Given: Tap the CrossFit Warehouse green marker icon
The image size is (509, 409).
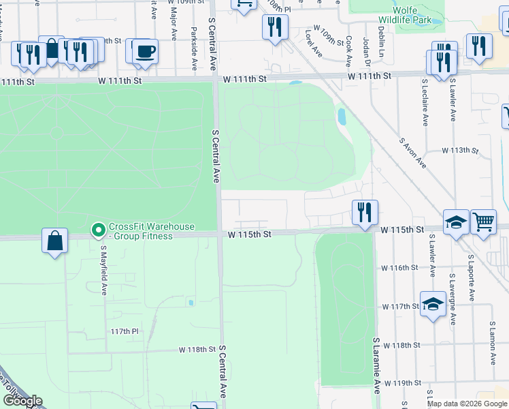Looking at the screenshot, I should click(x=97, y=228).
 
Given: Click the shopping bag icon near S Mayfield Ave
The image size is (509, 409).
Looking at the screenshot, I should click(x=54, y=241).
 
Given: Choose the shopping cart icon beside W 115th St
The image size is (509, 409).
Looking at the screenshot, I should click(x=482, y=221).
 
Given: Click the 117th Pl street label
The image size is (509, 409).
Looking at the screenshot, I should click(x=125, y=331).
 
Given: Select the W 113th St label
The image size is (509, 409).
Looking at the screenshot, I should click(x=460, y=150).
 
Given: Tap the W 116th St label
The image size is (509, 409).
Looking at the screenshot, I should click(x=399, y=268).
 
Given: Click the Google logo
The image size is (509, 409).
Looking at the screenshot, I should click(x=22, y=401).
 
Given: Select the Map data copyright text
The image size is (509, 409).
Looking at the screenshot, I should click(x=467, y=404).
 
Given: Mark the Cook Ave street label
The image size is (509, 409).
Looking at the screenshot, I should click(x=348, y=51).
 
